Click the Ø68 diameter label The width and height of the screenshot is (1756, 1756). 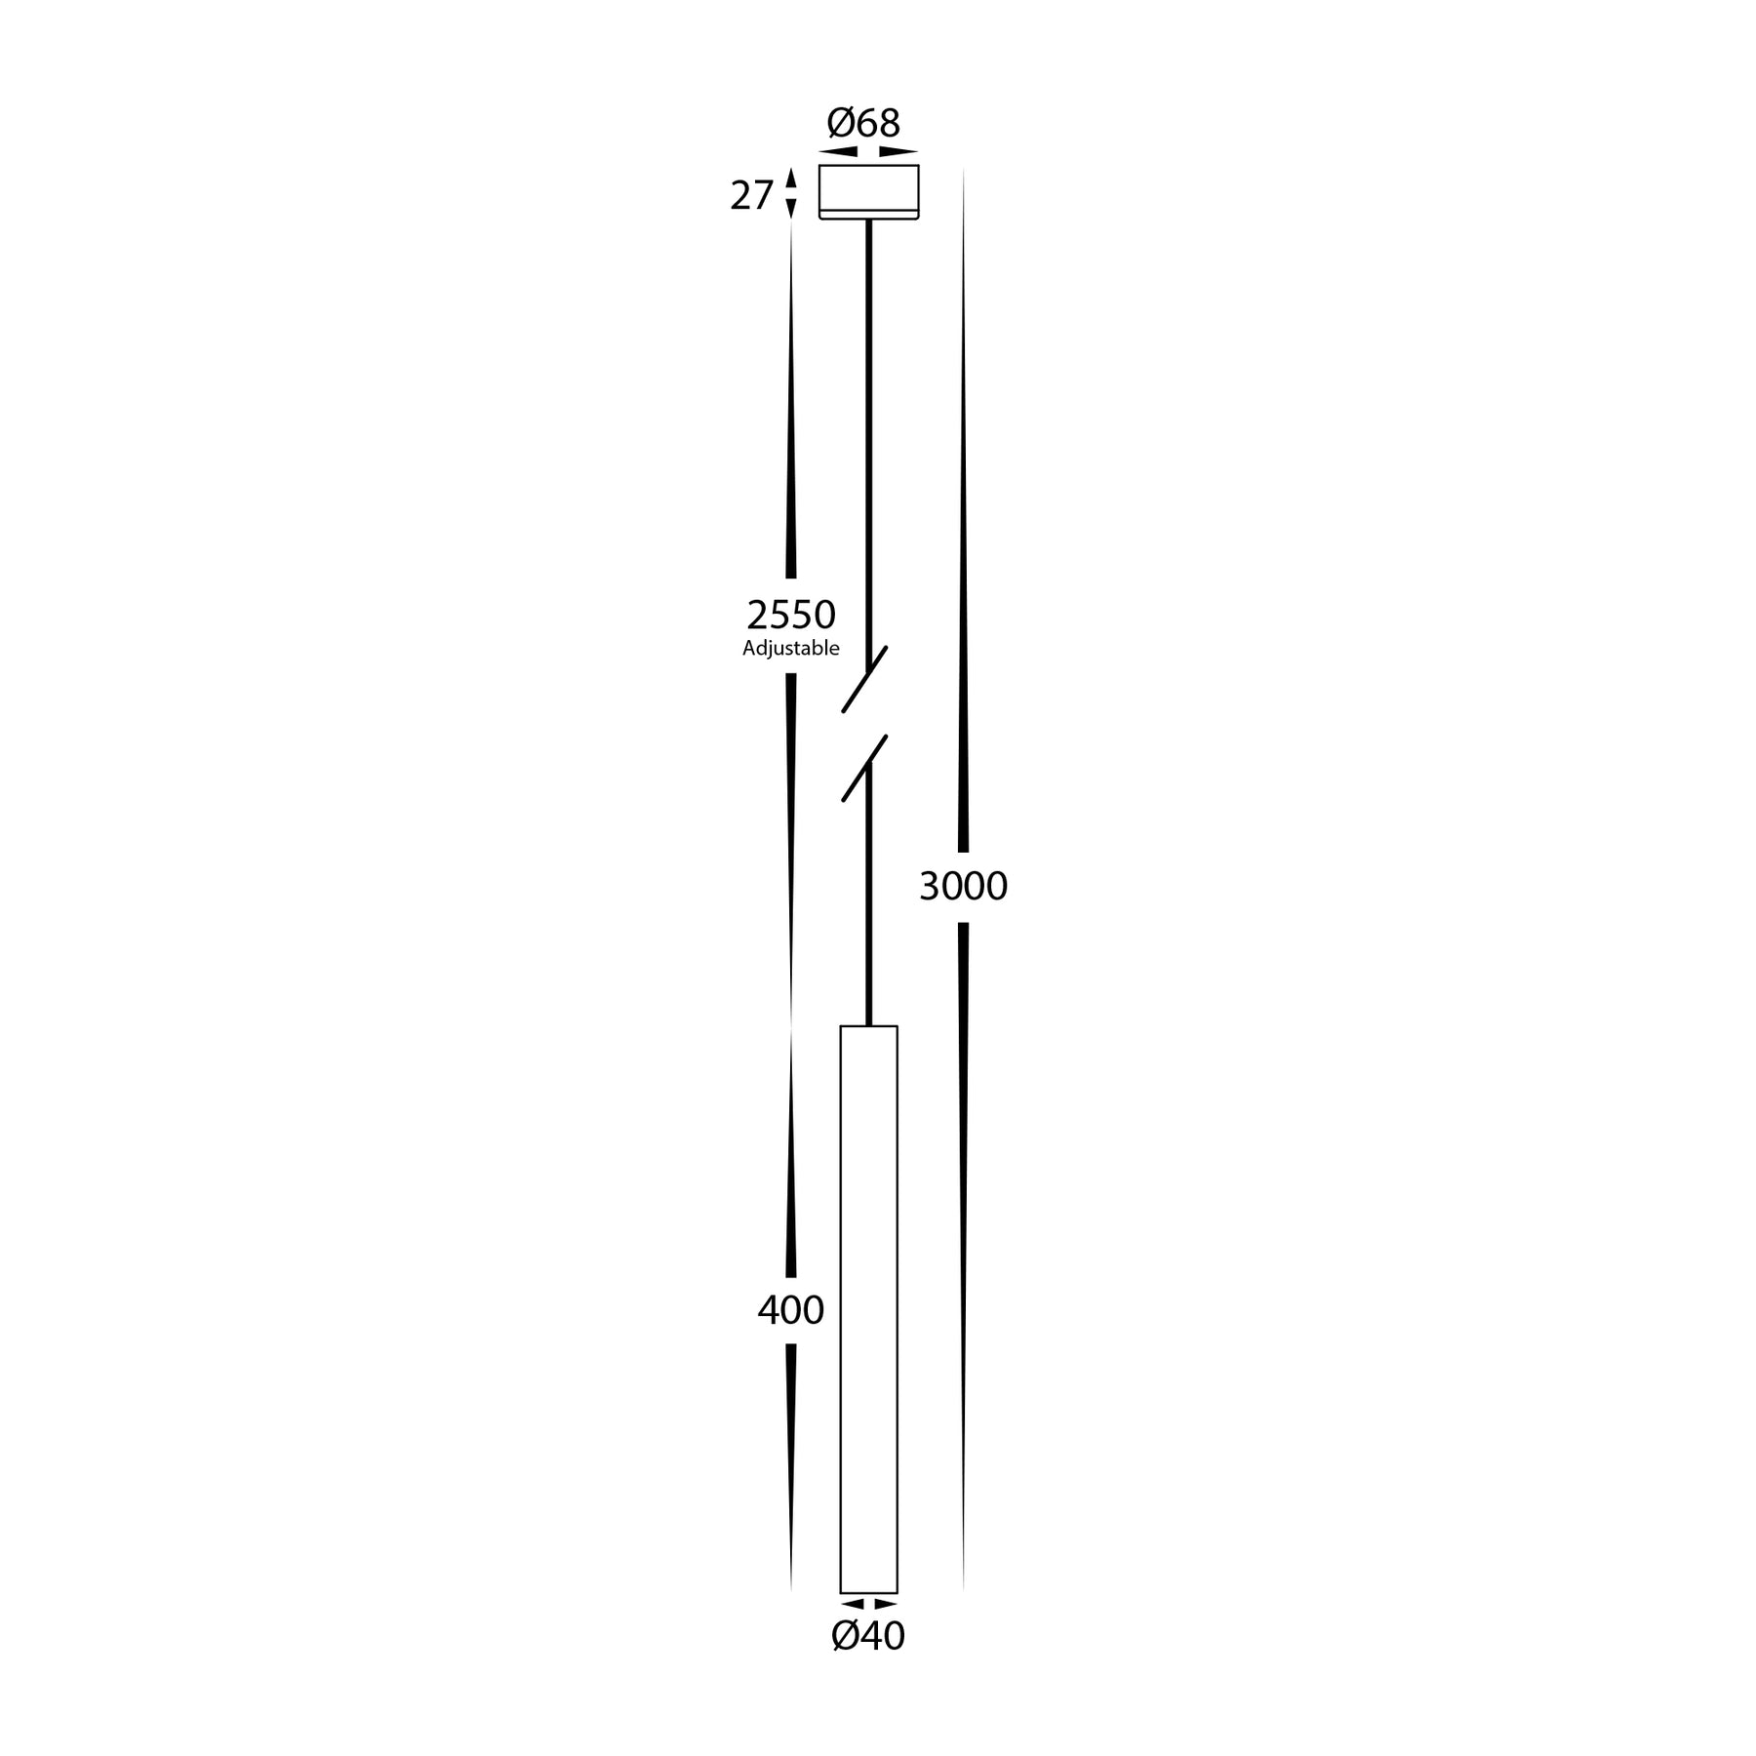click(863, 124)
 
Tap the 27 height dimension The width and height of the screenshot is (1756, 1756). click(751, 196)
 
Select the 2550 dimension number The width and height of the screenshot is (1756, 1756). click(791, 615)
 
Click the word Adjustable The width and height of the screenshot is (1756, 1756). click(791, 649)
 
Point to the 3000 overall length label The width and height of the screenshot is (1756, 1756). click(963, 886)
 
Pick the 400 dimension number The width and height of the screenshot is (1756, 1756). click(791, 1310)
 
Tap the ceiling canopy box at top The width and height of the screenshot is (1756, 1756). click(868, 187)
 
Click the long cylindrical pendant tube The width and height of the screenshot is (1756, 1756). click(868, 1307)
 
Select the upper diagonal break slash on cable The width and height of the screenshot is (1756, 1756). click(864, 679)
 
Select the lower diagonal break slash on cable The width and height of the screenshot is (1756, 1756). click(864, 769)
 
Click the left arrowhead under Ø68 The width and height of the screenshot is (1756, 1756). click(839, 152)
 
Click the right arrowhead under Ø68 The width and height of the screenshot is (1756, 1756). click(898, 152)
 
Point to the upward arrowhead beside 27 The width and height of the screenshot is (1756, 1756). click(791, 179)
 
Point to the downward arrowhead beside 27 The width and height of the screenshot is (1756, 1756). click(791, 208)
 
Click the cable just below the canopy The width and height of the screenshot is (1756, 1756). click(868, 234)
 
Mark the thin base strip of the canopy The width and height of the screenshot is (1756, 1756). click(868, 215)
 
